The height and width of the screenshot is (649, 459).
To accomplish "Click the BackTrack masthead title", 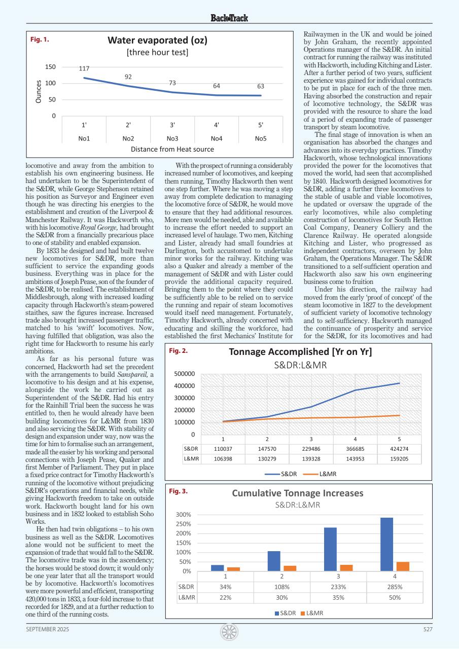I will (x=229, y=18).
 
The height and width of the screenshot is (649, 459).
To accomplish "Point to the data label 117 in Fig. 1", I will (x=84, y=68).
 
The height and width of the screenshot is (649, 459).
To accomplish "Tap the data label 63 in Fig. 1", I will (x=261, y=86).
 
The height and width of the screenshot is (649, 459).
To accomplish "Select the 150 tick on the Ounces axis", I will (x=50, y=67).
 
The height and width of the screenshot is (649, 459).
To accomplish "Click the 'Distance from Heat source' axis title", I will (x=172, y=149).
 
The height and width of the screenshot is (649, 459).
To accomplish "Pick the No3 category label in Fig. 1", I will (x=172, y=138).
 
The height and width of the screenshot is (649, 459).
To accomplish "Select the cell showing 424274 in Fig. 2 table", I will (x=399, y=449).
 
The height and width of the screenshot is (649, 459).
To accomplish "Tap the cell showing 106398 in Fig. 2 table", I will (x=223, y=458).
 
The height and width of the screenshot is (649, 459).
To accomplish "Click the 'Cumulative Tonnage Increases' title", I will (x=298, y=493).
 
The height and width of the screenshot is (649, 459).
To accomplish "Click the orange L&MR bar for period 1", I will (x=233, y=569).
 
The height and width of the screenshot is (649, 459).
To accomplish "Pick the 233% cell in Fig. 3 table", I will (x=338, y=587).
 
